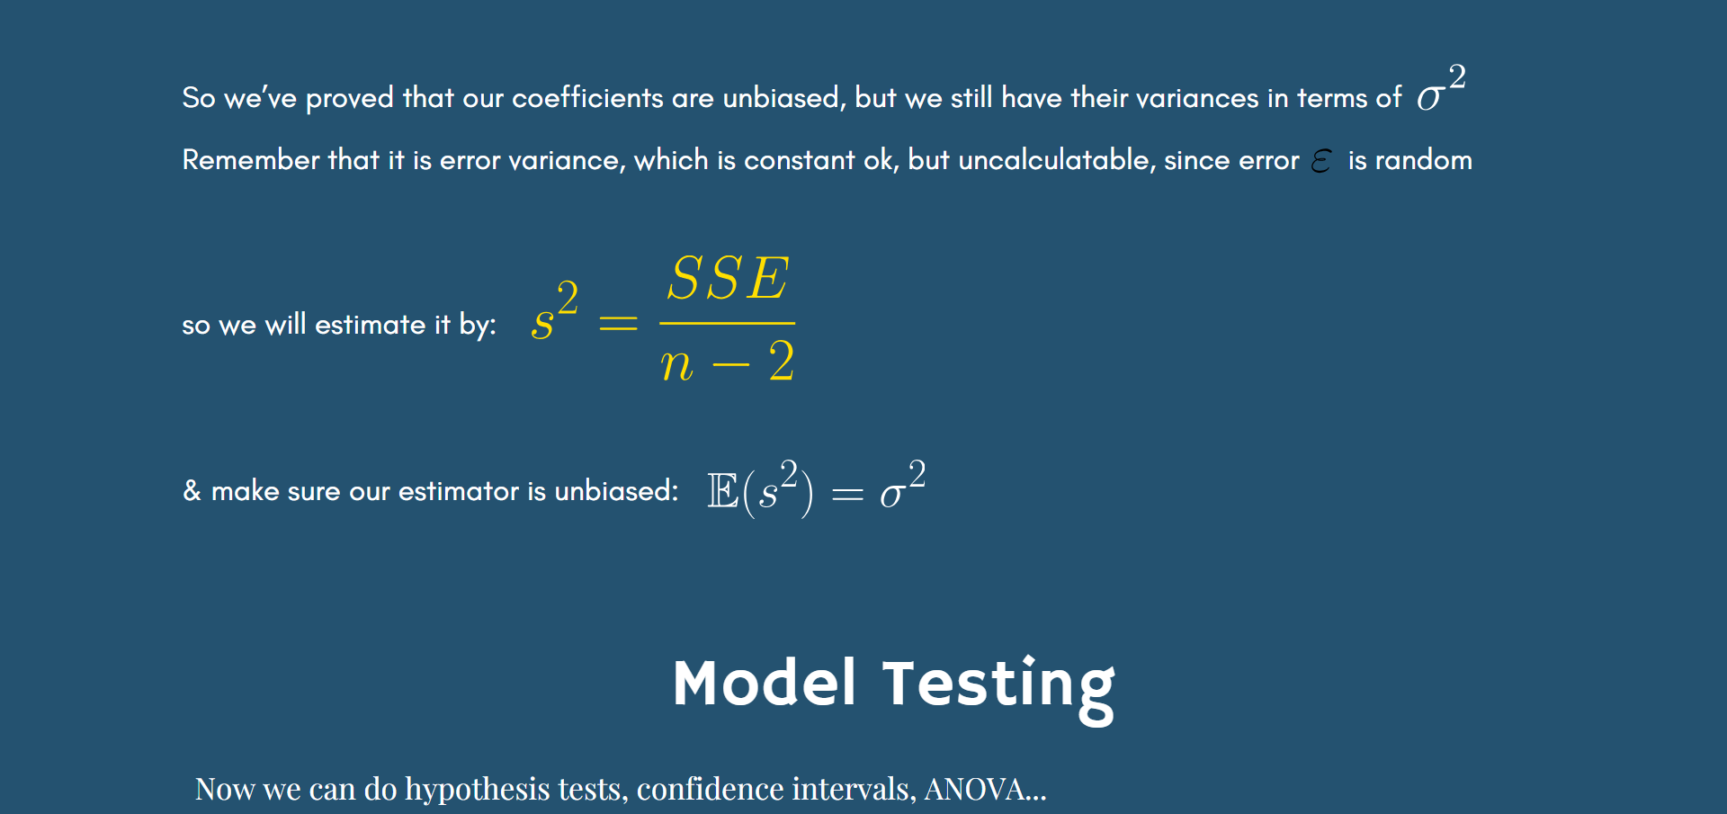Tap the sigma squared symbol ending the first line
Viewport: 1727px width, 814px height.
point(1442,87)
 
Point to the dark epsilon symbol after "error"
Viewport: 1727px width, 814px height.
point(1321,161)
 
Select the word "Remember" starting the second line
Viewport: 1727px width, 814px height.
point(251,160)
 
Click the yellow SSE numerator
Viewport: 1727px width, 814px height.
point(728,278)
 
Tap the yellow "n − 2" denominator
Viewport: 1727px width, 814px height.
point(728,362)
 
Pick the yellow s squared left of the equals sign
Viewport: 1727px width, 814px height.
point(555,310)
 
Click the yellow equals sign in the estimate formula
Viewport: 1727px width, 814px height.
point(619,323)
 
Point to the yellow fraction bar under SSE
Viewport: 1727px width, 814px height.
point(728,323)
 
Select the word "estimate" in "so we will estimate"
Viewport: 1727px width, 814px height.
point(370,325)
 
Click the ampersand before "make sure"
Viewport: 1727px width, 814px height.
point(192,490)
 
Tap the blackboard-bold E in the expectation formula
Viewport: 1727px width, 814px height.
point(723,491)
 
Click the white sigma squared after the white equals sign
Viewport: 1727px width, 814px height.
point(903,485)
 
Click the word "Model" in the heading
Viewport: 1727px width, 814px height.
point(765,683)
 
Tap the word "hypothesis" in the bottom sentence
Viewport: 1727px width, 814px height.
point(478,789)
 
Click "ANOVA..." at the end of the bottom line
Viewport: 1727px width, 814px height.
point(986,789)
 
